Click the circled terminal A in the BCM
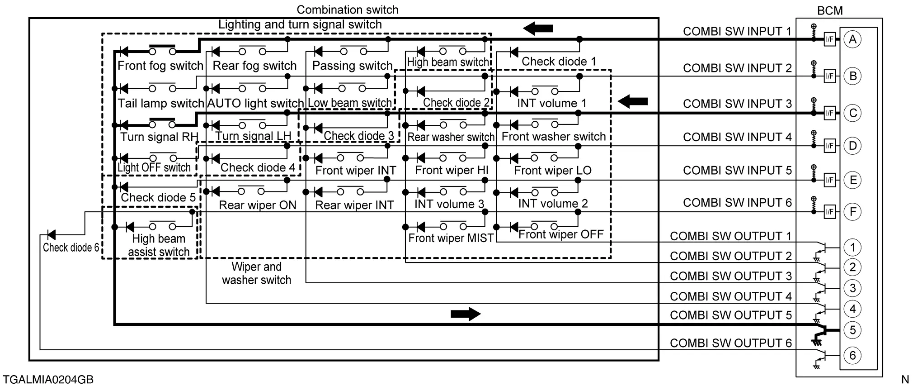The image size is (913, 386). coord(852,39)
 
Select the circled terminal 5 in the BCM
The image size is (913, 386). coord(852,330)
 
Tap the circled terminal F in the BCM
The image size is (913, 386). coord(852,212)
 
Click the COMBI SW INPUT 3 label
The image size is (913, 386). coord(737,104)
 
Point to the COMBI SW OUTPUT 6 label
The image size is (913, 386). coord(730,343)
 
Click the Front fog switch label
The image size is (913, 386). coord(160,66)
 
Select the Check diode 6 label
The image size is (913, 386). coord(71,248)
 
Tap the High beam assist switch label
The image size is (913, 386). coord(159,245)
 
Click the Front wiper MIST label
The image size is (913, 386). coord(451,238)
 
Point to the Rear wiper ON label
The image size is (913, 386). coord(258,205)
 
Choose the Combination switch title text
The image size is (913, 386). coord(347,10)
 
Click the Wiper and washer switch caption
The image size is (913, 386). coord(256,273)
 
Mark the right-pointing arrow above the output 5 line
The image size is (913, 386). coord(466,314)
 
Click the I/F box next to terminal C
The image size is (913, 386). coord(829,113)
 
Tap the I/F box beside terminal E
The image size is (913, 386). coord(829,180)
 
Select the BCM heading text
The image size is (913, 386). coord(830,10)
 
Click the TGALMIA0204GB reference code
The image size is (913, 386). coord(48,379)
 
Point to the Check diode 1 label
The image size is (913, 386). coord(559,62)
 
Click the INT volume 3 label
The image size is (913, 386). coord(449,204)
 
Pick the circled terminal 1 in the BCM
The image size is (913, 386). coord(852,248)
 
